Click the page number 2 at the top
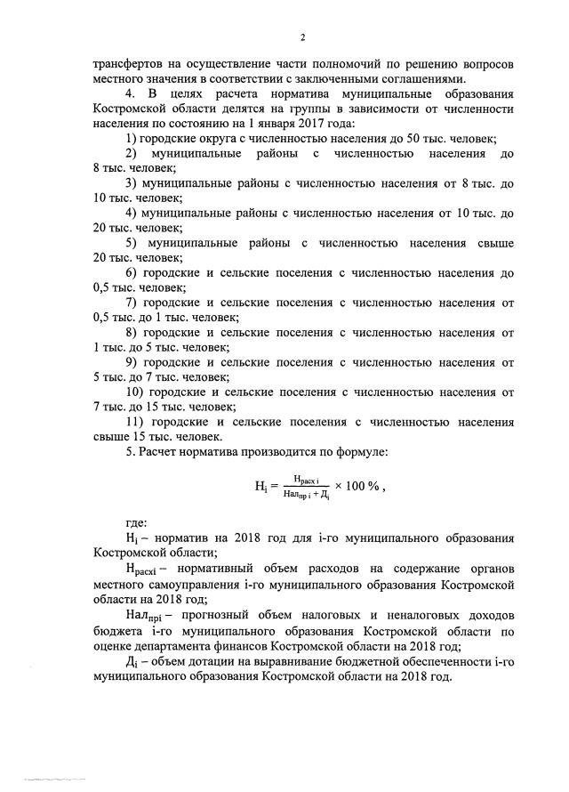pyautogui.click(x=302, y=37)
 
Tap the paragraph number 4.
pyautogui.click(x=130, y=93)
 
